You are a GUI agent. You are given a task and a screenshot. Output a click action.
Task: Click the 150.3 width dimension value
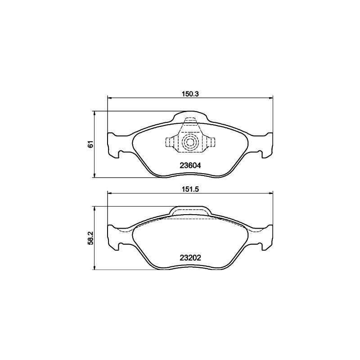click(x=190, y=94)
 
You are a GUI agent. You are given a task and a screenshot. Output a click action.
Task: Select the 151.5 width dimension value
click(x=190, y=189)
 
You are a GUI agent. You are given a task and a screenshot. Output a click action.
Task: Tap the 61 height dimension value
click(x=91, y=144)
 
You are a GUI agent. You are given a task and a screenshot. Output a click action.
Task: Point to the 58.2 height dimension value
click(x=91, y=238)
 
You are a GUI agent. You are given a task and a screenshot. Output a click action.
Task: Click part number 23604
click(x=190, y=165)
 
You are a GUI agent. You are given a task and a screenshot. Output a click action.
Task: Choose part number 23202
click(x=190, y=258)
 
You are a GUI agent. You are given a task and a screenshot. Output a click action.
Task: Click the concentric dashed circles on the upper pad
click(x=189, y=143)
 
